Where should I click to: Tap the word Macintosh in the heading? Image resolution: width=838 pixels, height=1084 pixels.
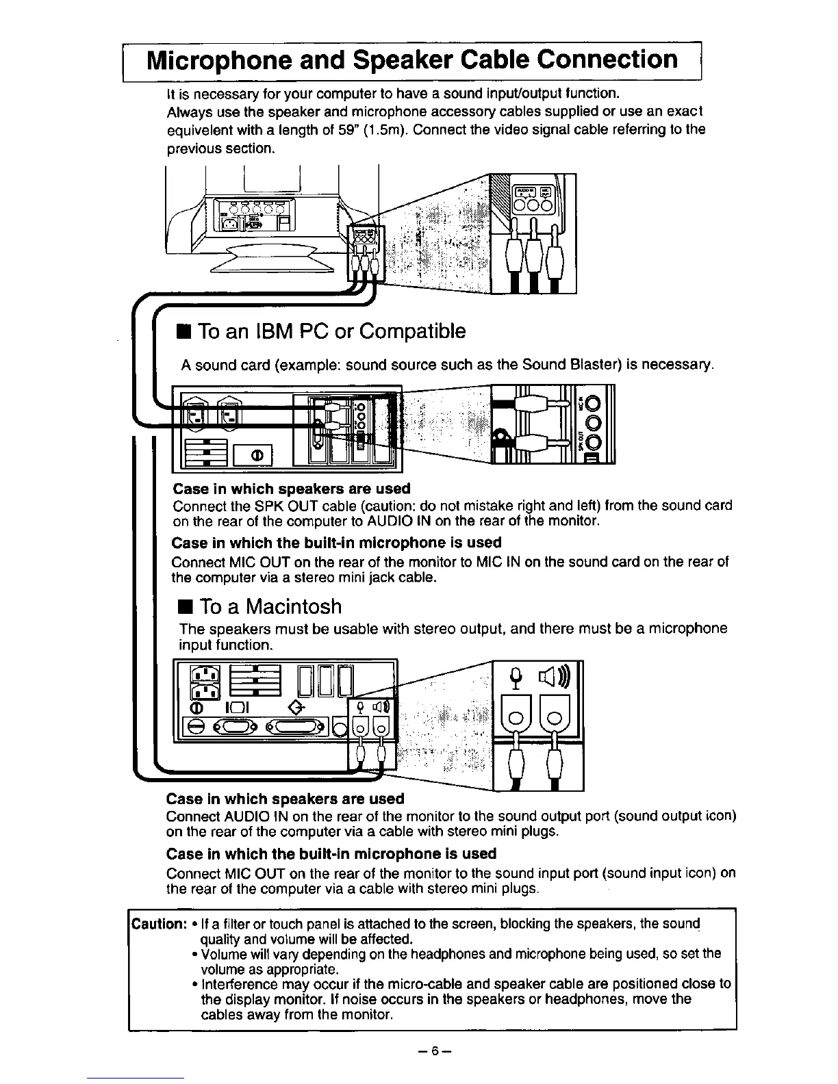point(294,607)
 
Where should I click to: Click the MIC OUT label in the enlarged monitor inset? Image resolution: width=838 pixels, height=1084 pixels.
point(548,192)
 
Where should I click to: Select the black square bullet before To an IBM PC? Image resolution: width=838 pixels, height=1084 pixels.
point(183,333)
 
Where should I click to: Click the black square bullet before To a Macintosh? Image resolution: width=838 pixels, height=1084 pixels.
point(183,608)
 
